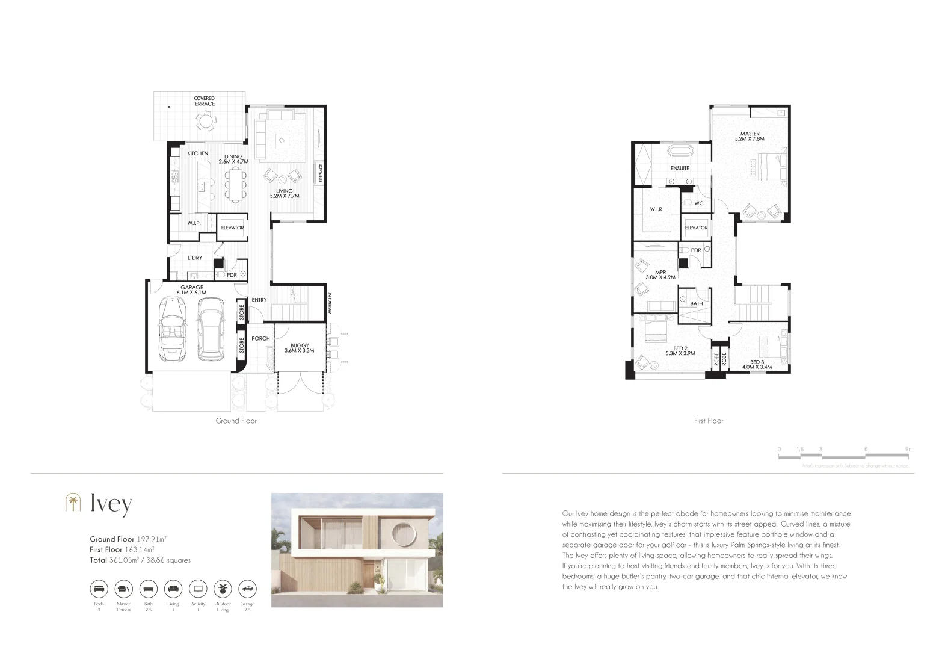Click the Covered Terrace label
[203, 101]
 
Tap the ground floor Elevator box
[232, 227]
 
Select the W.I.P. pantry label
[193, 223]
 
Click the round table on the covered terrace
[206, 122]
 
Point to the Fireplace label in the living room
[321, 173]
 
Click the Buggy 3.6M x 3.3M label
[299, 348]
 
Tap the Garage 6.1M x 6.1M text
[192, 290]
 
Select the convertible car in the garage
[173, 331]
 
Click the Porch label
[260, 339]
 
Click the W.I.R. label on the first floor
[656, 209]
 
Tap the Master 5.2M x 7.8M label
[750, 137]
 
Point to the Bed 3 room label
[757, 364]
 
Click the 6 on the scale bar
[866, 450]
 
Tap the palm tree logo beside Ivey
[73, 503]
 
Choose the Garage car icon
[247, 588]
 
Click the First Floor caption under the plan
[709, 421]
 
